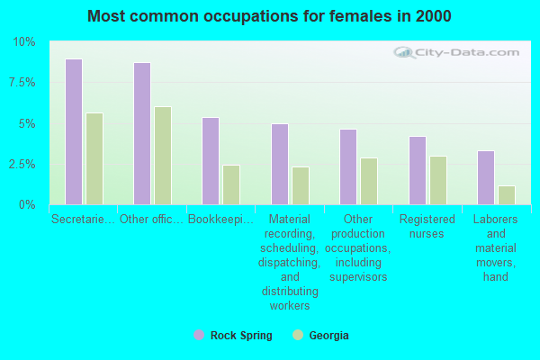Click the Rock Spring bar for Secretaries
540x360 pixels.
point(74,132)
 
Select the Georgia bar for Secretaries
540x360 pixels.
point(94,159)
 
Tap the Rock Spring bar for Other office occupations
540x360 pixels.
point(142,134)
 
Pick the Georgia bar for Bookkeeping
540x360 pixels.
point(231,184)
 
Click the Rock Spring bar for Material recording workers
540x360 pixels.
point(280,165)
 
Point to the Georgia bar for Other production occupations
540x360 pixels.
point(369,181)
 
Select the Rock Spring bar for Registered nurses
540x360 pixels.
point(418,171)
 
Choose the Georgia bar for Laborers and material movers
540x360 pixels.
point(507,195)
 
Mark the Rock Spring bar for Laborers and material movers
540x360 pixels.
point(486,177)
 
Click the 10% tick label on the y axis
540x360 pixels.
point(24,42)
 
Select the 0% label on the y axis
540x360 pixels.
point(27,205)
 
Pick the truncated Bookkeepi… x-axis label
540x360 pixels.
point(220,219)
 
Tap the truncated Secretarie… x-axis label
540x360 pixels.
point(83,219)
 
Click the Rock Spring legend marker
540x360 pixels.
point(199,335)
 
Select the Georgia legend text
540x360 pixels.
point(328,336)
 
